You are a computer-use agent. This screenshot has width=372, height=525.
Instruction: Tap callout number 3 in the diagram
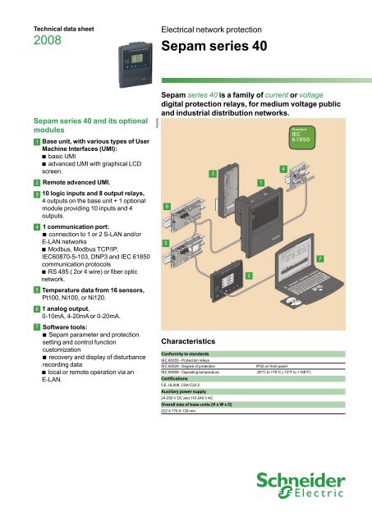click(212, 173)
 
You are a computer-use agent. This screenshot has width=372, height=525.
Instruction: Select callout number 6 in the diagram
click(167, 207)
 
